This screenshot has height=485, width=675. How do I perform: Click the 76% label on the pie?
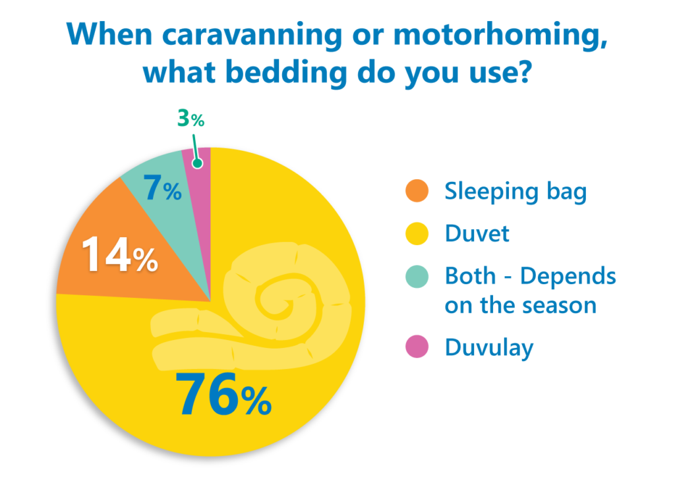click(223, 395)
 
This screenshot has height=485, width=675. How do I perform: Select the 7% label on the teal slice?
click(162, 188)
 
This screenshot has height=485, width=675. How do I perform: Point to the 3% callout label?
click(191, 119)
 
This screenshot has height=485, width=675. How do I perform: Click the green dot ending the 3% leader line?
click(198, 163)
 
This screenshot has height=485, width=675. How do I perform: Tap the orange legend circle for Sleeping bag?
click(417, 190)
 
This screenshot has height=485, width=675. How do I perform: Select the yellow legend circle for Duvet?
click(417, 234)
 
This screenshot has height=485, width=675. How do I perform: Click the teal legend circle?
click(417, 276)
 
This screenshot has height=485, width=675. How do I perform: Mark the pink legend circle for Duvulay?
click(417, 347)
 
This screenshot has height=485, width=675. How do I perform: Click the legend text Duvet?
click(477, 234)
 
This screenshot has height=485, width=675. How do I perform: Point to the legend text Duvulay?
click(489, 348)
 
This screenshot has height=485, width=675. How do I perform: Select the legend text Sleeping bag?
click(515, 192)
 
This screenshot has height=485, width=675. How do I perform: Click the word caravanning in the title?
click(252, 34)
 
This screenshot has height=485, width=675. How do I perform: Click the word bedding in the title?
click(286, 72)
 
